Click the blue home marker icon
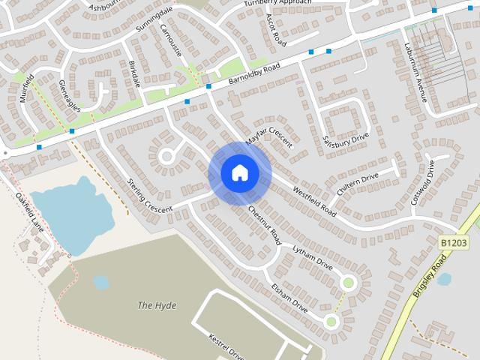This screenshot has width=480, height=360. pyautogui.click(x=239, y=173)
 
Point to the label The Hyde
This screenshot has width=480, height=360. pyautogui.click(x=155, y=305)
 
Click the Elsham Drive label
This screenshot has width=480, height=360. pyautogui.click(x=289, y=296)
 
